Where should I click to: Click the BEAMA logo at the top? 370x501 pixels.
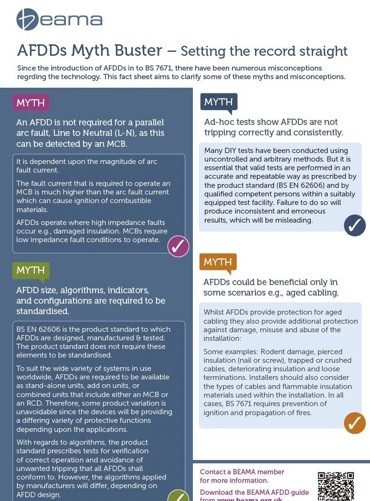click(59, 20)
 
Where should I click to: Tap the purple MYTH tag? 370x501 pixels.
click(31, 102)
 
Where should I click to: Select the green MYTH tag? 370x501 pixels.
click(31, 270)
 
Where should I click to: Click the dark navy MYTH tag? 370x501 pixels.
click(219, 102)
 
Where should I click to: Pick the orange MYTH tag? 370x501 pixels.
click(218, 262)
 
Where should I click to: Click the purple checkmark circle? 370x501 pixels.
click(178, 246)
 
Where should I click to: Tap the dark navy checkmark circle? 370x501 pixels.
click(355, 225)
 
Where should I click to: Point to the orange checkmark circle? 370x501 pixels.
click(355, 423)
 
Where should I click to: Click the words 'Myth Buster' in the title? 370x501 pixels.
click(120, 50)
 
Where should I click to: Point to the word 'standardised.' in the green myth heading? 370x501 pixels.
click(42, 311)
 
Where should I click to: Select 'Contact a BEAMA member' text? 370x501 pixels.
click(242, 472)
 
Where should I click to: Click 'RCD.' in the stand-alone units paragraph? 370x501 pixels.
click(34, 403)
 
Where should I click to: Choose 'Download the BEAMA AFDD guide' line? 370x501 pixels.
click(254, 492)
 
